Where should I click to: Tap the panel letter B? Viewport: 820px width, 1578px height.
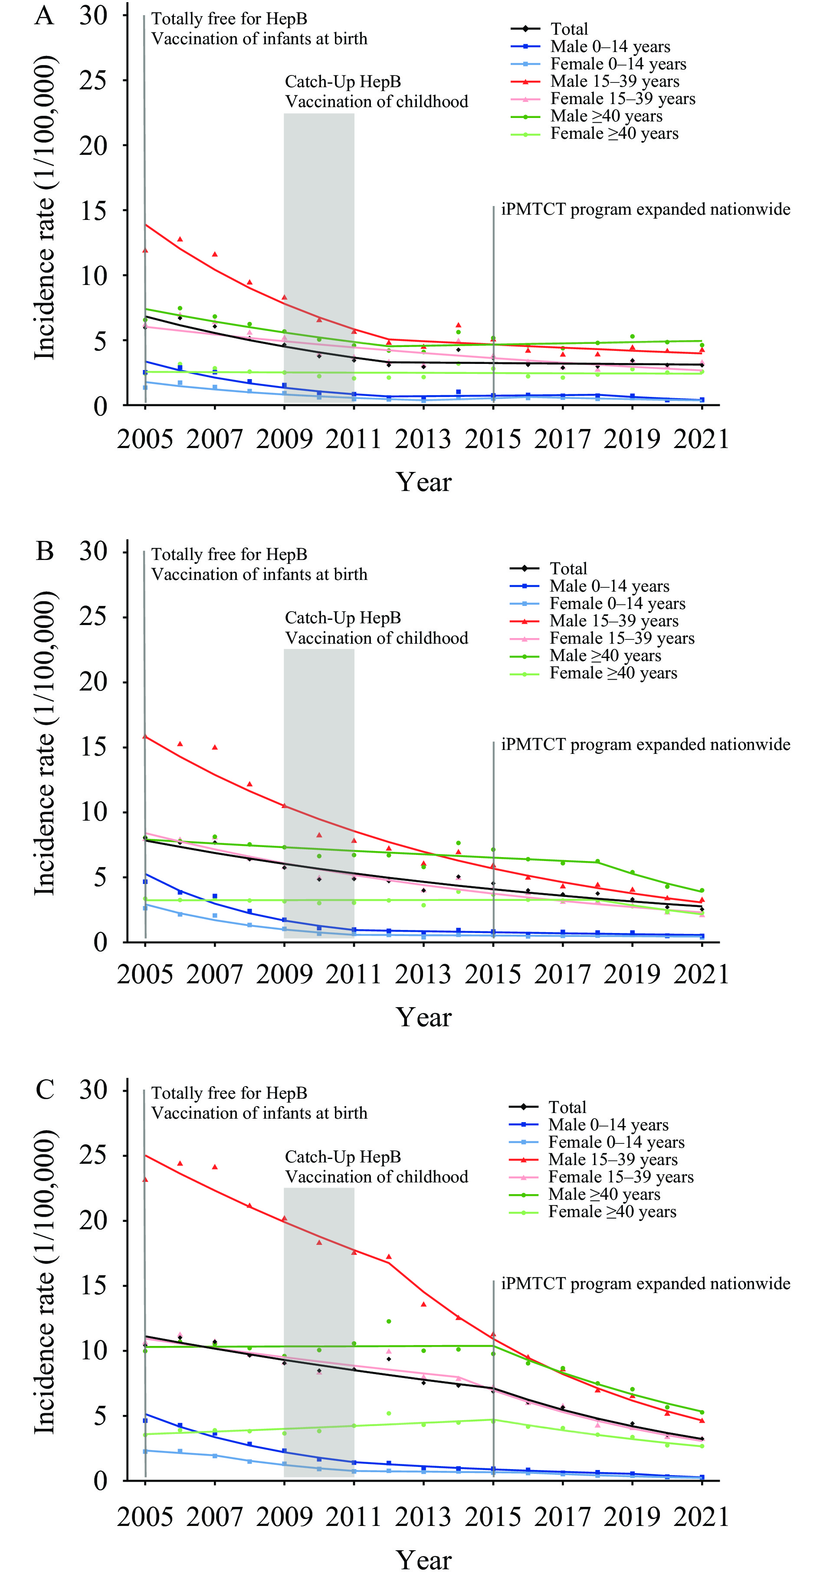point(45,551)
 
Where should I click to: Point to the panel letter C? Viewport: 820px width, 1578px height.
point(45,1090)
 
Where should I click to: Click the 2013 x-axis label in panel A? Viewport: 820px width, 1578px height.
point(423,439)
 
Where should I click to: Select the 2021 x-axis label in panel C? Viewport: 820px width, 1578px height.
point(702,1517)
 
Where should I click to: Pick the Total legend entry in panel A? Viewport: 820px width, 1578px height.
point(569,29)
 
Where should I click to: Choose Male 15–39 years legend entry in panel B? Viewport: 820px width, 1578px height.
point(613,621)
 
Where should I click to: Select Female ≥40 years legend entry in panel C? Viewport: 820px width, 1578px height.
point(612,1211)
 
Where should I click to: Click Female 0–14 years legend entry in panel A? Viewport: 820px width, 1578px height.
point(618,64)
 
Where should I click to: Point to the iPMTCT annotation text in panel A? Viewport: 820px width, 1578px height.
point(645,210)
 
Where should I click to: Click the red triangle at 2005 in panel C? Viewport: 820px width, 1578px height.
point(145,1179)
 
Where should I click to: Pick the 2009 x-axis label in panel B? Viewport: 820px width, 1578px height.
point(284,975)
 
